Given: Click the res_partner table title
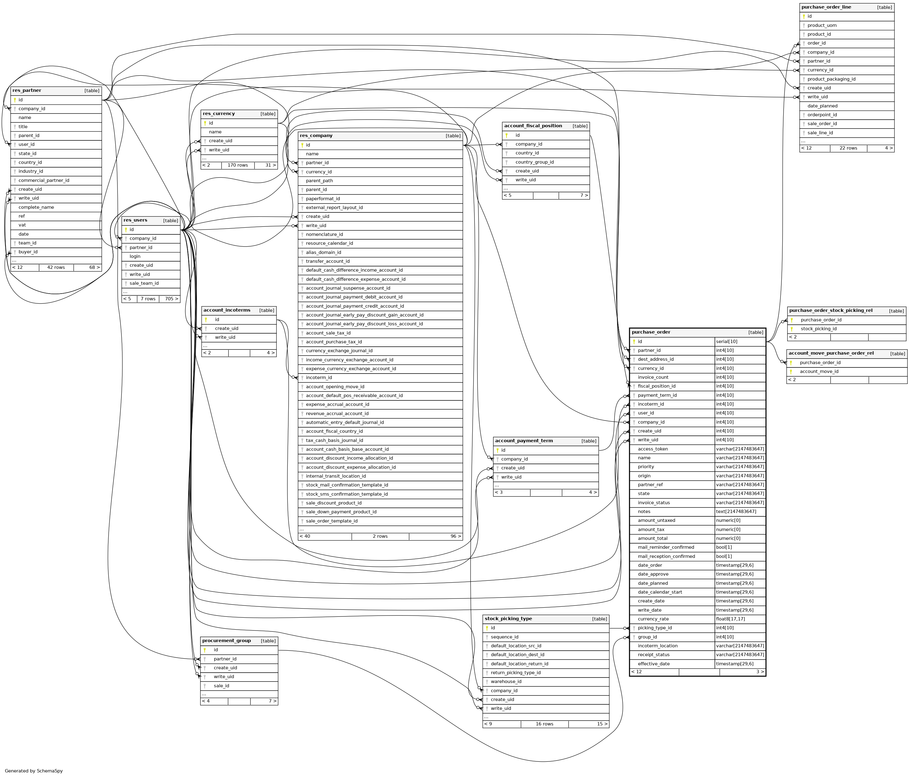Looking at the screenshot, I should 27,91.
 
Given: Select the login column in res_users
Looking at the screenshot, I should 135,256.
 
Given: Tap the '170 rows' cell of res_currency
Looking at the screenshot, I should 238,165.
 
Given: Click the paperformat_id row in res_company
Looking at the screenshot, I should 323,199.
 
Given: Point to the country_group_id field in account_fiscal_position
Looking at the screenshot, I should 534,162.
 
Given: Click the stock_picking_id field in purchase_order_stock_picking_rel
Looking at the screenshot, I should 819,329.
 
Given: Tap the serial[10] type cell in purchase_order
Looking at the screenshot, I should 726,342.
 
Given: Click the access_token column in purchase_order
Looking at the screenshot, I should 653,449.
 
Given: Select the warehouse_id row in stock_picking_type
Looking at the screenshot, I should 506,681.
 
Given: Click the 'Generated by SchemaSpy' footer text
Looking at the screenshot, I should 34,771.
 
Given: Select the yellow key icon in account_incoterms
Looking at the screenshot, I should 206,320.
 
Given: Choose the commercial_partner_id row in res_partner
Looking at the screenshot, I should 44,180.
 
